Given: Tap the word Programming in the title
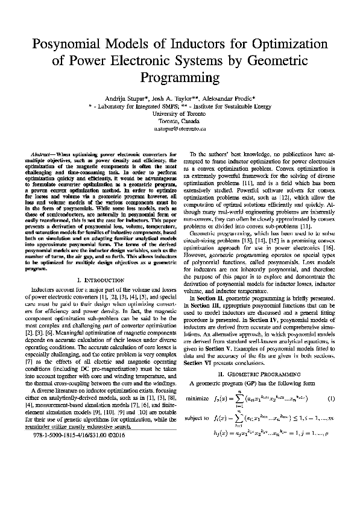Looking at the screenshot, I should (180, 78).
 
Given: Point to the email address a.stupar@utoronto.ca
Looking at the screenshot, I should (180, 128).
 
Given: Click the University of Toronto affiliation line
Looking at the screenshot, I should (180, 112).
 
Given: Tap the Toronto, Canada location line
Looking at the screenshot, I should (180, 120).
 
